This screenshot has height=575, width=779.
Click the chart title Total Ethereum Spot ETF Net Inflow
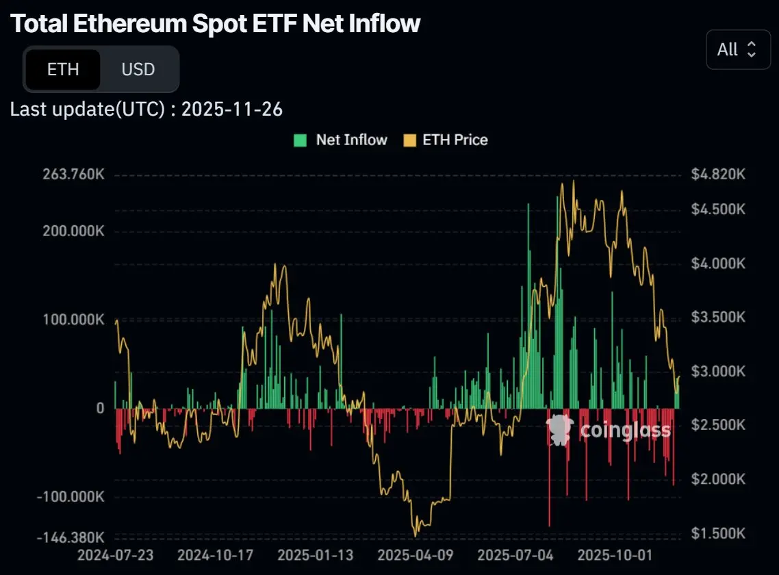click(216, 24)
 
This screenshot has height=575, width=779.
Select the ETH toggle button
click(63, 69)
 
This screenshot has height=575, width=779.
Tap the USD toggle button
click(138, 69)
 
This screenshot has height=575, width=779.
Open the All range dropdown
click(737, 49)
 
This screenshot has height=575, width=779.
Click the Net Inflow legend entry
click(341, 140)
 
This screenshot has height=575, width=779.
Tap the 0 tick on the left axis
click(100, 408)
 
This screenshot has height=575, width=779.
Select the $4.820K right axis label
click(717, 175)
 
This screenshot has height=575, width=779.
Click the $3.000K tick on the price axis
click(717, 371)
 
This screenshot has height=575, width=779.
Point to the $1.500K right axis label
click(717, 533)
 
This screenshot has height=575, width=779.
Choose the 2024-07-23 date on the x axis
click(116, 554)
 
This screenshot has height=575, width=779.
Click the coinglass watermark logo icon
click(559, 430)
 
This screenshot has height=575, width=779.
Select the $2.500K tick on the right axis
click(717, 425)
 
